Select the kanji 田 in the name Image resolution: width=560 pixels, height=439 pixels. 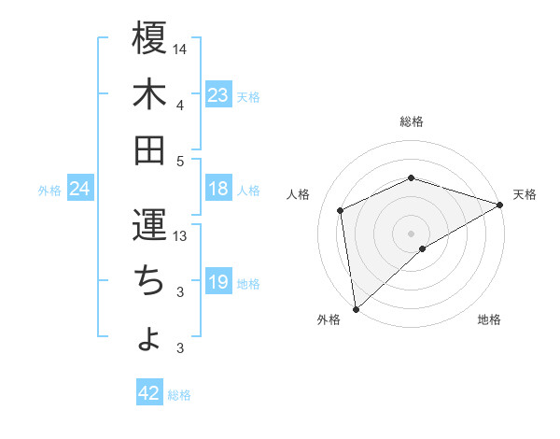(149, 149)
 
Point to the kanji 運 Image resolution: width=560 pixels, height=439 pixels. (149, 225)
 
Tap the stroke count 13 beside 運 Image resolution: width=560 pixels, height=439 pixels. (181, 236)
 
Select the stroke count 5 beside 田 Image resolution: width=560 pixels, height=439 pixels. (181, 161)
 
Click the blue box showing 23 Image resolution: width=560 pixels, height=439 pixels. (218, 95)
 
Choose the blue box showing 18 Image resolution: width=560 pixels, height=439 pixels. (218, 190)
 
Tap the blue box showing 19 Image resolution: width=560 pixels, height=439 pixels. (218, 283)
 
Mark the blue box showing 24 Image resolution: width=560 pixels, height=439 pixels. (80, 190)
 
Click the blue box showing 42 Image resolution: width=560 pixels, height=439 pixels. (149, 393)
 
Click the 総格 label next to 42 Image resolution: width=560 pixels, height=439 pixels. (180, 395)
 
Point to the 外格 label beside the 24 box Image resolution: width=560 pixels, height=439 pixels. (49, 191)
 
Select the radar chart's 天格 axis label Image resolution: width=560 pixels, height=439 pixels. (525, 194)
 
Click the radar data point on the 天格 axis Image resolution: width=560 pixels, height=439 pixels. (500, 205)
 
